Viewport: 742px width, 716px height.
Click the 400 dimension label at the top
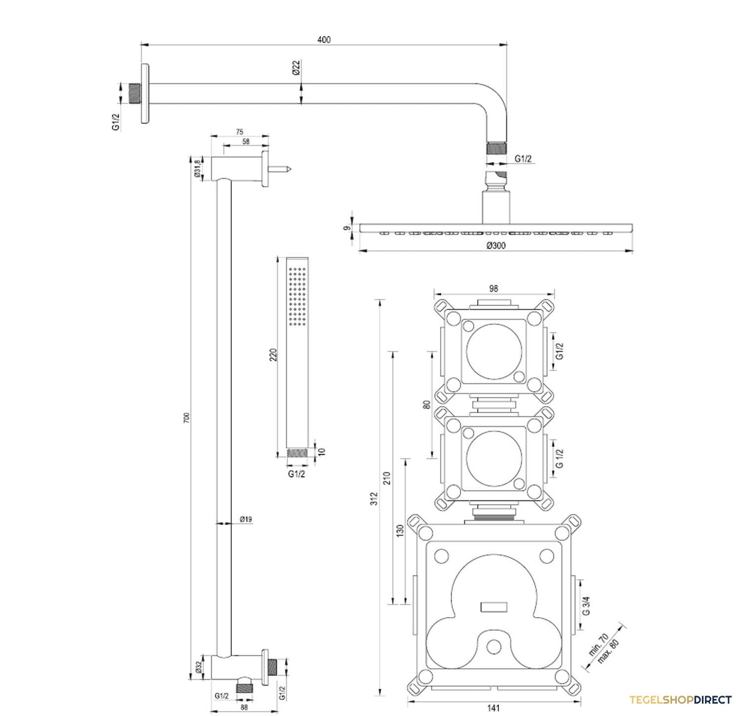pos(324,40)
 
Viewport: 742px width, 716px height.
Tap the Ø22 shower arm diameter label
pos(296,67)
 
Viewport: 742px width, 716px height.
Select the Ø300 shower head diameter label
pos(496,245)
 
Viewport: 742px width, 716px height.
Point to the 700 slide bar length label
pos(186,418)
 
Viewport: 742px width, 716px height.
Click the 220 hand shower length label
pos(273,355)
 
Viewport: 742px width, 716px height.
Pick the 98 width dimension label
pos(493,289)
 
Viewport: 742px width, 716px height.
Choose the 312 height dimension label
pos(374,499)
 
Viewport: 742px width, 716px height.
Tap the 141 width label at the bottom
pos(493,708)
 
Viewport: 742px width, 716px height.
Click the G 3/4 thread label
pos(586,606)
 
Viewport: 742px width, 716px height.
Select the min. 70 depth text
pos(599,644)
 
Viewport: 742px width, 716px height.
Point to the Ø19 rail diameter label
pos(246,519)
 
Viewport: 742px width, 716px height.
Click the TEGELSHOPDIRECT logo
pos(680,699)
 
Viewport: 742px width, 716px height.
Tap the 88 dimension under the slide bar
pos(244,707)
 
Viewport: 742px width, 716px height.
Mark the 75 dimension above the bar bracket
pos(239,132)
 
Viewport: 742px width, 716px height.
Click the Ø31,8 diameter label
pos(197,168)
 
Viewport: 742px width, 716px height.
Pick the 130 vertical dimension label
pos(399,531)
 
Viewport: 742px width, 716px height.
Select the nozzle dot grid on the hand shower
pos(297,296)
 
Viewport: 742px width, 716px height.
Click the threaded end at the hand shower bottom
pos(297,453)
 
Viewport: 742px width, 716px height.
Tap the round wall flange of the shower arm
pos(145,93)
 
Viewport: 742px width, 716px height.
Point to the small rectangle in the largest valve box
pos(494,606)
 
